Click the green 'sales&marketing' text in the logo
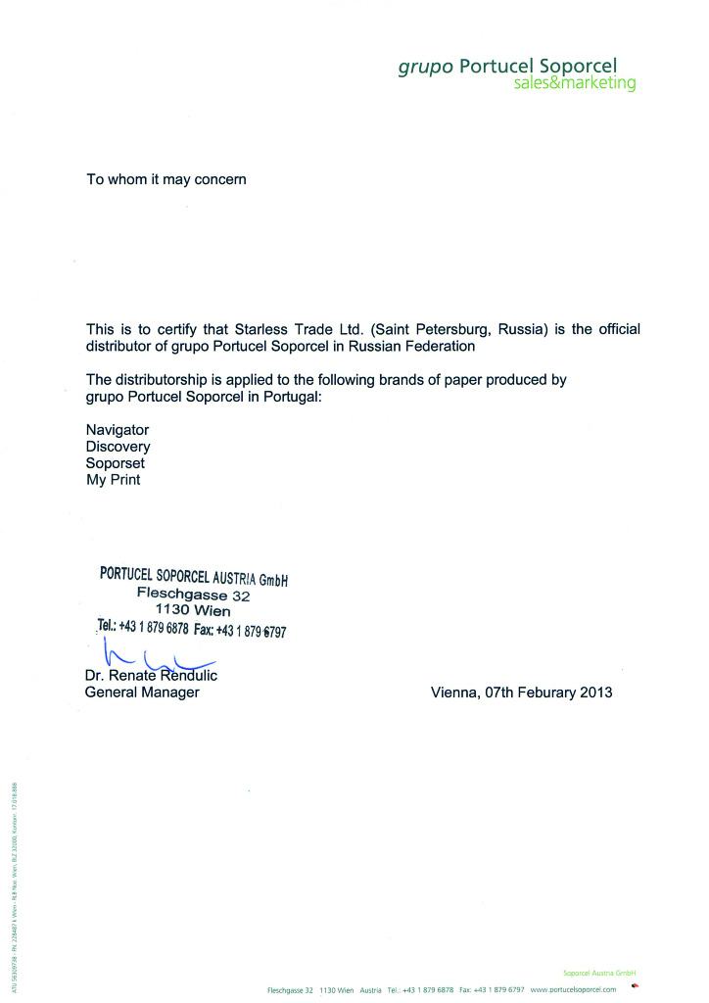click(x=575, y=84)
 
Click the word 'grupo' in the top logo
click(x=425, y=67)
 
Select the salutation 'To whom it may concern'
click(x=167, y=179)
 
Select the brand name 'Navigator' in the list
click(x=118, y=429)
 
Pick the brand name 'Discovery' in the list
click(x=118, y=446)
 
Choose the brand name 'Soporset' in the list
click(x=117, y=462)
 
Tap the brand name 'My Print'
click(x=114, y=479)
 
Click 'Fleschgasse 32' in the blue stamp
click(x=194, y=595)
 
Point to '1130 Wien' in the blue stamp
click(x=186, y=610)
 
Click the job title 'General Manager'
click(x=143, y=693)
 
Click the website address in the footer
click(x=573, y=990)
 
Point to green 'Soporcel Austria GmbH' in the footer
click(x=600, y=973)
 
